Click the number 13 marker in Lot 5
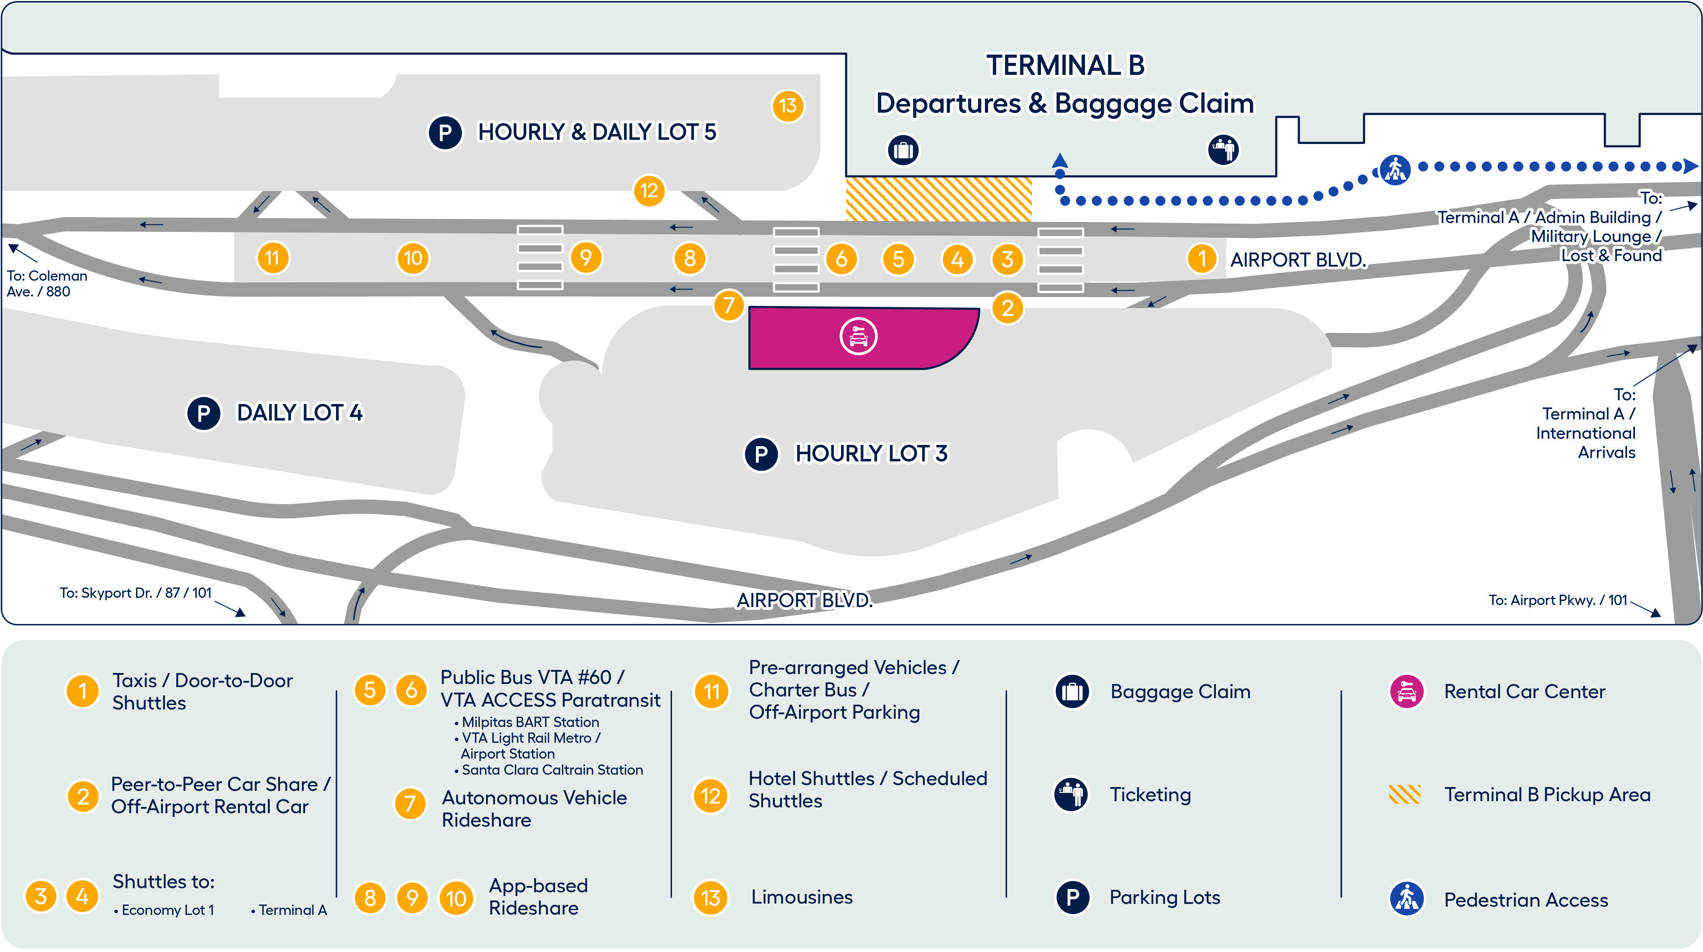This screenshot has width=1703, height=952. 787,106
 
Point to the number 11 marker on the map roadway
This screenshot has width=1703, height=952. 272,258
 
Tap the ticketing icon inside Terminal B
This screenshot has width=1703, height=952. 1223,149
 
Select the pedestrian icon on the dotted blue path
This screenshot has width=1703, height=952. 1395,170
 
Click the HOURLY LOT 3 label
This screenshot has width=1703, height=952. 871,453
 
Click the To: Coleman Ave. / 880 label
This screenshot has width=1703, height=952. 46,284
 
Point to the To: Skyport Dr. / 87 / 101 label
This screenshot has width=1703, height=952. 135,593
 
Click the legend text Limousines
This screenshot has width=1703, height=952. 801,897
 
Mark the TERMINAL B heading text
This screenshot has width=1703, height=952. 1065,66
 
